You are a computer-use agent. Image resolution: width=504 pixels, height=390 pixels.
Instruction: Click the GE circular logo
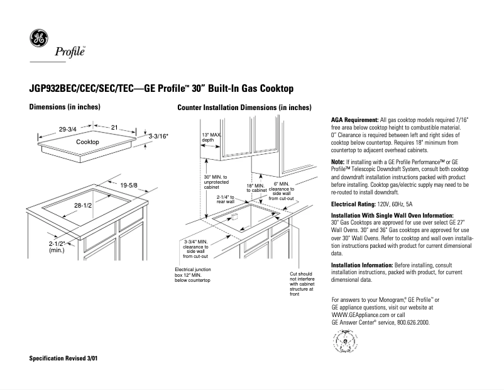point(38,40)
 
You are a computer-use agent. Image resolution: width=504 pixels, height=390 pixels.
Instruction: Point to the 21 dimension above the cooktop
point(114,128)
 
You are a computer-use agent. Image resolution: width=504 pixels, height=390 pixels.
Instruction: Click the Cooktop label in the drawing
point(87,143)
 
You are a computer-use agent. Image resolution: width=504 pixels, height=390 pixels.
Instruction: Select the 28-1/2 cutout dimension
point(84,206)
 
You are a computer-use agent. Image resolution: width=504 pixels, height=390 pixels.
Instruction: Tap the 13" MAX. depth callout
point(212,137)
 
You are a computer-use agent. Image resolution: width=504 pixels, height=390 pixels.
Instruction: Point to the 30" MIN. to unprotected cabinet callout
point(216,182)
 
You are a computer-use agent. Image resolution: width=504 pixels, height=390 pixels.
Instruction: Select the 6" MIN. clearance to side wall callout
point(282,191)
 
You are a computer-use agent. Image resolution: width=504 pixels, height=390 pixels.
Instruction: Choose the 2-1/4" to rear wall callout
point(224,199)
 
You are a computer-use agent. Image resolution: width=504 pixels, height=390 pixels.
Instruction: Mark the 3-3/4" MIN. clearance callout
point(195,248)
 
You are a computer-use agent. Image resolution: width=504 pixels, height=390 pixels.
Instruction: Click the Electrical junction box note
point(192,274)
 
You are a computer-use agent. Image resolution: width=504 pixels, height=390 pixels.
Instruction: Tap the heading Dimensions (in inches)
point(65,107)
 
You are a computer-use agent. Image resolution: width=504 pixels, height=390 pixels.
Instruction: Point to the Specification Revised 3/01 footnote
point(63,358)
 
